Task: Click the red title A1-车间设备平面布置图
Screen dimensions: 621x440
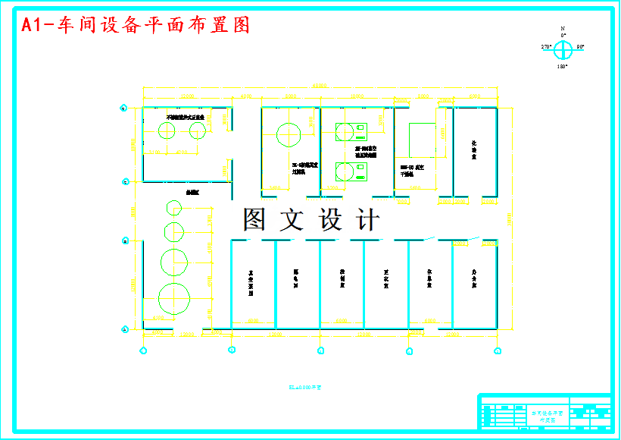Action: click(136, 25)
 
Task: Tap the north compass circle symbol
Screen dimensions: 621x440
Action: click(563, 50)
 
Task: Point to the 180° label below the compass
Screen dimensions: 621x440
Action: click(563, 67)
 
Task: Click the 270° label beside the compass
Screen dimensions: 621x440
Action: click(546, 47)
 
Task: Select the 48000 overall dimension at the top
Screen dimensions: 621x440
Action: click(320, 86)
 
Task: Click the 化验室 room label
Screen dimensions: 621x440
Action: click(474, 149)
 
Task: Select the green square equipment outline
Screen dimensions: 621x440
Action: click(422, 141)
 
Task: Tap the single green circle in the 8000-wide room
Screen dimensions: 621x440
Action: click(289, 135)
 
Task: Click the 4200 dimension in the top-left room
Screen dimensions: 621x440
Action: click(182, 152)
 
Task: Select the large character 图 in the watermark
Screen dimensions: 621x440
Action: click(255, 219)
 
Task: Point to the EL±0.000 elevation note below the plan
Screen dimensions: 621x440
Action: click(305, 387)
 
